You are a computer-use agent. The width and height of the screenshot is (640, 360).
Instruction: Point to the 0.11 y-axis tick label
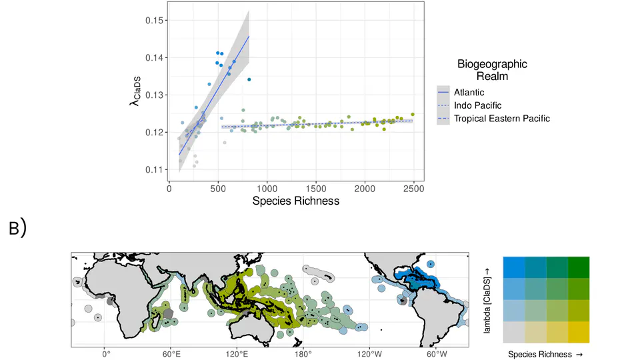coord(154,169)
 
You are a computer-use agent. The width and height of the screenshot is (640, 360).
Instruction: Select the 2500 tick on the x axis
coord(413,189)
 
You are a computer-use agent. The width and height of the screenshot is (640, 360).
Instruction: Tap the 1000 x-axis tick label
coord(267,189)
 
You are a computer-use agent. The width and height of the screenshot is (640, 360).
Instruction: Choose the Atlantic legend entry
coord(469,92)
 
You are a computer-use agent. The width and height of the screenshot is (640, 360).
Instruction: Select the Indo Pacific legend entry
coord(477,105)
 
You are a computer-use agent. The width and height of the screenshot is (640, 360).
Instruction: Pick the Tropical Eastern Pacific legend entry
coord(501,119)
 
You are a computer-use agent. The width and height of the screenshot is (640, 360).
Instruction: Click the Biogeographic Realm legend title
coord(492,70)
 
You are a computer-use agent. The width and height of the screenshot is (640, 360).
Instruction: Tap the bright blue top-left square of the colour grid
coord(514,267)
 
